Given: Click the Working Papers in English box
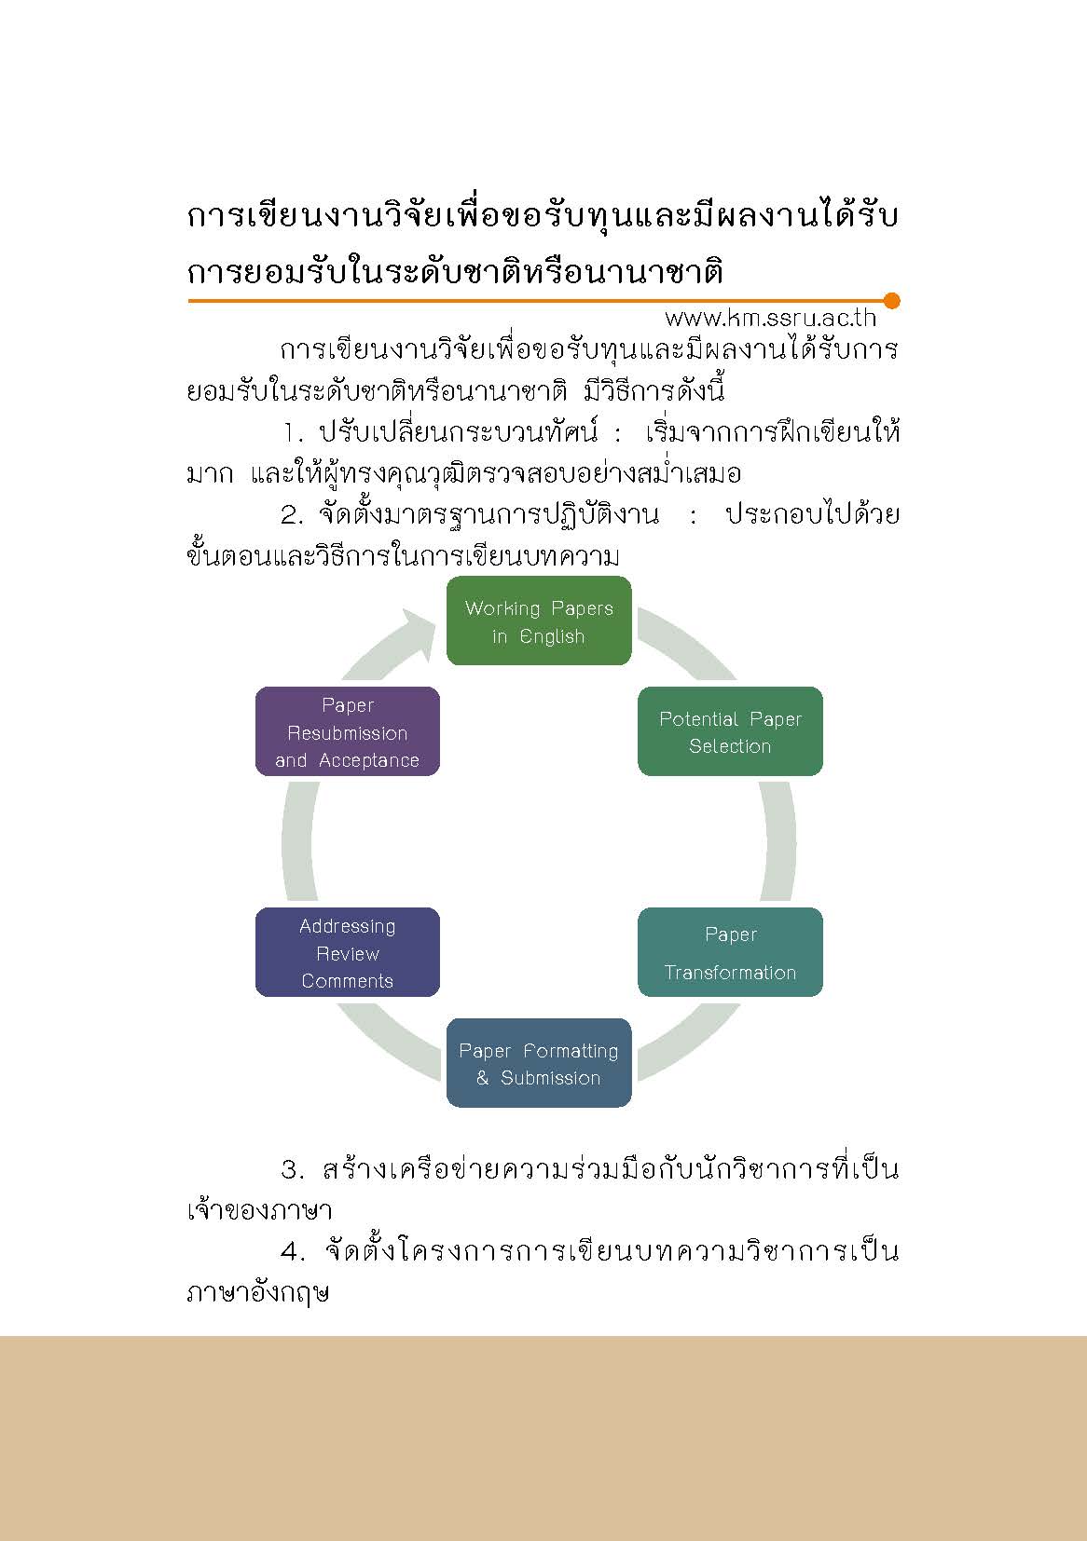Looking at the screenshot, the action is pyautogui.click(x=539, y=620).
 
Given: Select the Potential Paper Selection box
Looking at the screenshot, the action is pyautogui.click(x=730, y=731).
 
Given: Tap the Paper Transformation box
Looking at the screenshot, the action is pyautogui.click(x=730, y=952).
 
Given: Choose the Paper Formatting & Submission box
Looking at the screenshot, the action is pyautogui.click(x=539, y=1063).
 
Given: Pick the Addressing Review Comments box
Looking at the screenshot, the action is pyautogui.click(x=348, y=952).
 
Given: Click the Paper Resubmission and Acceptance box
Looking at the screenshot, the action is pyautogui.click(x=348, y=731).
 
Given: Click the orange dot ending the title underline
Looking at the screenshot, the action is pyautogui.click(x=891, y=301).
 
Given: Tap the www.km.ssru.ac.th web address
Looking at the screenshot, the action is pyautogui.click(x=770, y=318).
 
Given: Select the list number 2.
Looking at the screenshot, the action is pyautogui.click(x=292, y=515).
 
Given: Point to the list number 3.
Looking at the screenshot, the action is pyautogui.click(x=292, y=1169).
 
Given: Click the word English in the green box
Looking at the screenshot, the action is pyautogui.click(x=552, y=637).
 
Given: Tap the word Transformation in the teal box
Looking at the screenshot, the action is pyautogui.click(x=730, y=972).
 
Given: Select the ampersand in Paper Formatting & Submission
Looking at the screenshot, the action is pyautogui.click(x=483, y=1077).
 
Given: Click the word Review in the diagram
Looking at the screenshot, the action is pyautogui.click(x=348, y=953).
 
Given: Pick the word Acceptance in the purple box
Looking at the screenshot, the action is pyautogui.click(x=369, y=760).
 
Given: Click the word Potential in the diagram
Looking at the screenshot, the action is pyautogui.click(x=699, y=719).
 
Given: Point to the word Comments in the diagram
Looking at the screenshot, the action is pyautogui.click(x=348, y=980).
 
